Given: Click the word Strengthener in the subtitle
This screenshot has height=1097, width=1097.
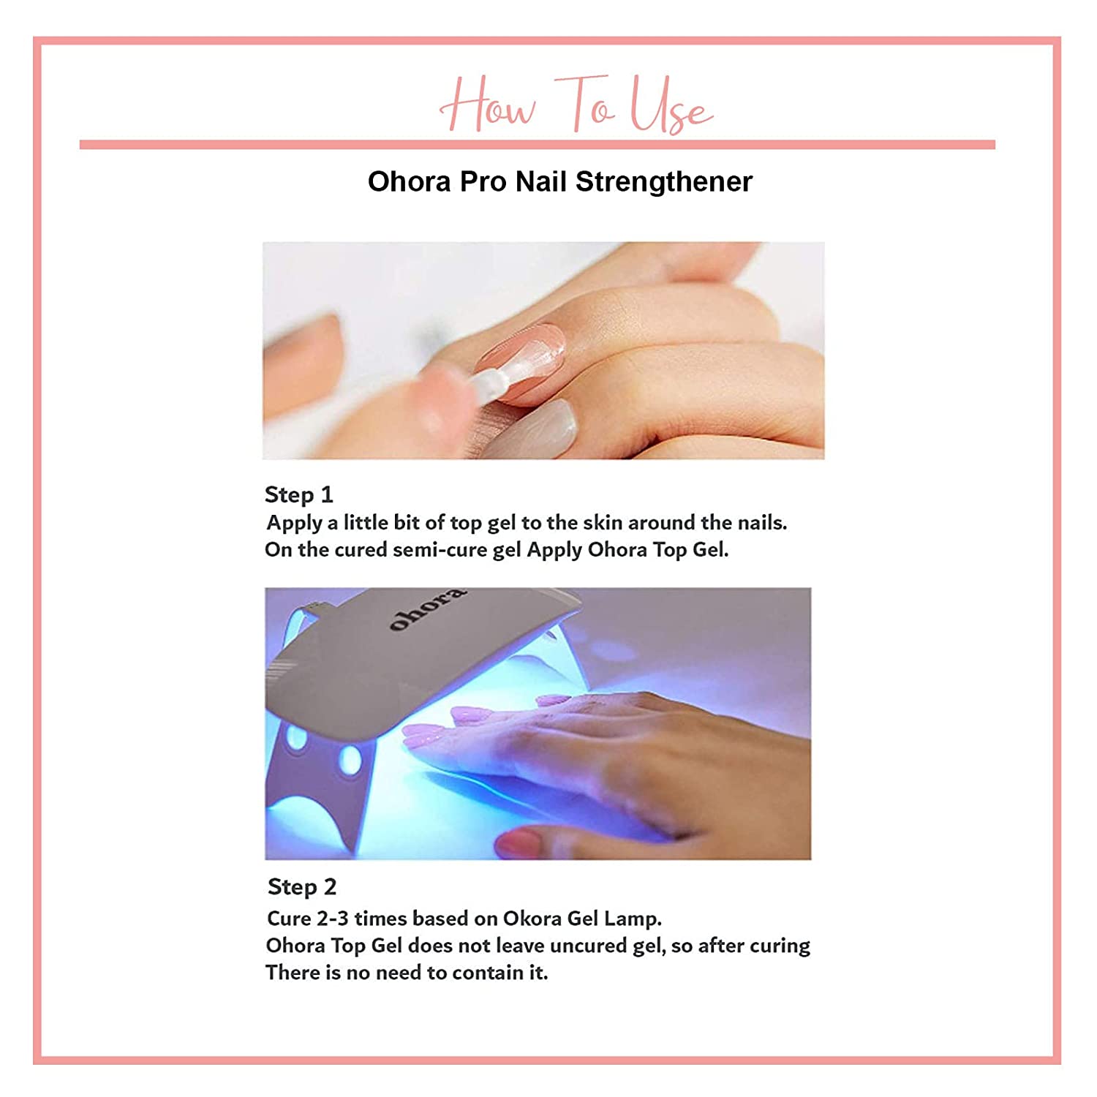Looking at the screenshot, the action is (x=664, y=181).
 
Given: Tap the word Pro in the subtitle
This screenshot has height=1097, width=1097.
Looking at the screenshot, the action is (x=483, y=181).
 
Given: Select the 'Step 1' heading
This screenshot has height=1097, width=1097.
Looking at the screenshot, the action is (x=298, y=494).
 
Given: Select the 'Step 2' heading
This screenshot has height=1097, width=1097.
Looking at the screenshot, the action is (x=302, y=887).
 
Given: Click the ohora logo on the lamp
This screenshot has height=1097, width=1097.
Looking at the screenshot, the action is (x=426, y=608).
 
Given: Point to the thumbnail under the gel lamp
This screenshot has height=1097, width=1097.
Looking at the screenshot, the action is (x=520, y=842).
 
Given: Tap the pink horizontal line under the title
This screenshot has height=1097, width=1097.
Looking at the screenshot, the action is (x=538, y=144).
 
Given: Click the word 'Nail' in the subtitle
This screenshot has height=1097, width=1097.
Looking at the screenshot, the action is (x=541, y=181).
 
